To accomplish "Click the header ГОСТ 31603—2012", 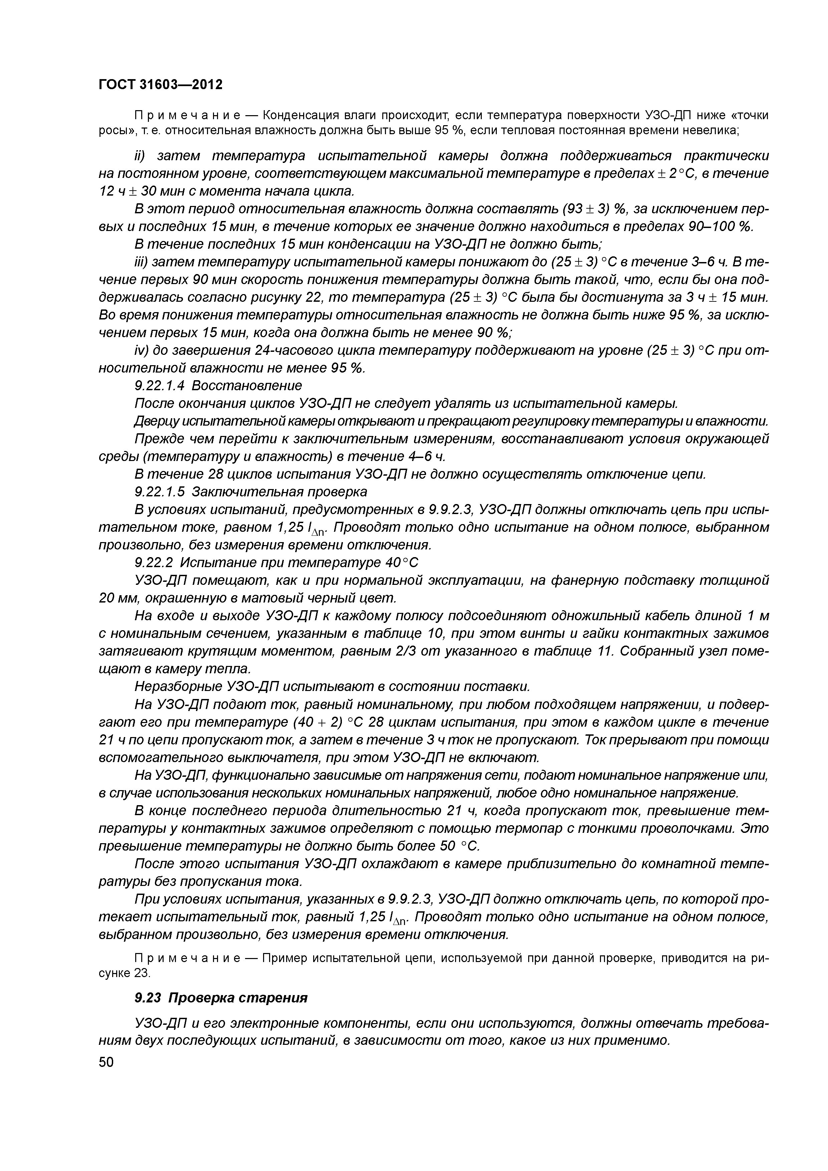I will [160, 84].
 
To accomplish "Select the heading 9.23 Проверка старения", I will [221, 998].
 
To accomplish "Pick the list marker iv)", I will [141, 351].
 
